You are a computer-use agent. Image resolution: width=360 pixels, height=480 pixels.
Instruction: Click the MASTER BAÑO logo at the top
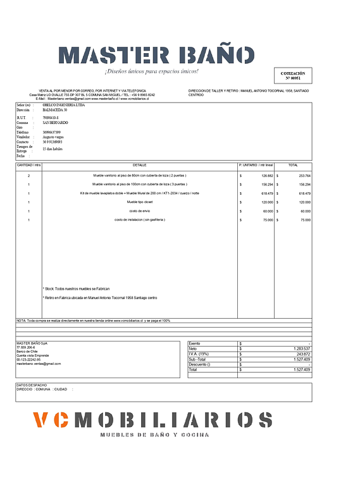156,56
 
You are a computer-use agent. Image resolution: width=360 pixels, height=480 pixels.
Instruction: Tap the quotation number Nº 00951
293,78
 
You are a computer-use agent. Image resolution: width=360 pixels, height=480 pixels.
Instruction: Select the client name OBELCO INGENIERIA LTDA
63,105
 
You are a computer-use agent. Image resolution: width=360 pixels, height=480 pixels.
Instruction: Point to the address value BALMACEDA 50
54,111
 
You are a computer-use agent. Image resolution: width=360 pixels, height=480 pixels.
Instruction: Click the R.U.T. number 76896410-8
52,118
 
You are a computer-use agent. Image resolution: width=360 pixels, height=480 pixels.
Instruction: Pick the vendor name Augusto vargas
56,137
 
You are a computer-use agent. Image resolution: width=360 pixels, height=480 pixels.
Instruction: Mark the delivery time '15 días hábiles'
55,149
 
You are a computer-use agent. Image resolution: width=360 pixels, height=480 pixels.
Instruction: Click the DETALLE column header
139,164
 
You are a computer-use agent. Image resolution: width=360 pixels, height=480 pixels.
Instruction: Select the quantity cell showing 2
28,175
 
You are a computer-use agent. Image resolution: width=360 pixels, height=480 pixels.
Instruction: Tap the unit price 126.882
266,175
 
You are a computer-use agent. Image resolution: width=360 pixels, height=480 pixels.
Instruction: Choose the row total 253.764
304,175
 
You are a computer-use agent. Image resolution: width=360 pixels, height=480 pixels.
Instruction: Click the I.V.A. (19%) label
199,354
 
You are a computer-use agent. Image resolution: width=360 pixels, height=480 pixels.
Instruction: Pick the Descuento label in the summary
199,364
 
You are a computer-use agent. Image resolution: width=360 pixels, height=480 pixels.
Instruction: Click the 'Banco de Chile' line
28,352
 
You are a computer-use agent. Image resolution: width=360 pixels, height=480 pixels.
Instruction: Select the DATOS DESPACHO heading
31,385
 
